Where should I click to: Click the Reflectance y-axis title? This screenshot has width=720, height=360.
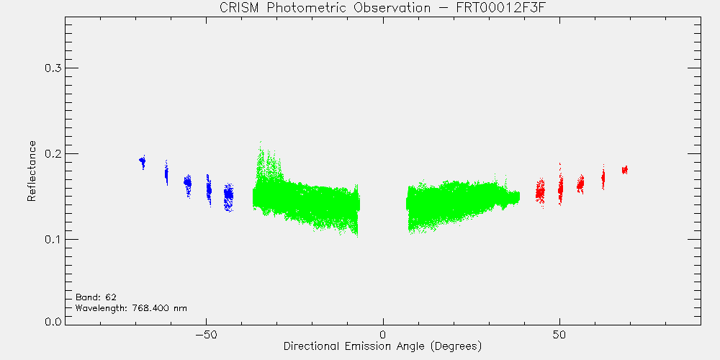click(31, 171)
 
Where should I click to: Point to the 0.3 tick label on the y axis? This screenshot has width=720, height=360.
click(53, 68)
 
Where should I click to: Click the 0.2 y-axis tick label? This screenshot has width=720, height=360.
click(53, 153)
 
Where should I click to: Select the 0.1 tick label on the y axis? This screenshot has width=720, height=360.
click(53, 239)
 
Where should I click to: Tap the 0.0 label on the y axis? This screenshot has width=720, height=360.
click(53, 321)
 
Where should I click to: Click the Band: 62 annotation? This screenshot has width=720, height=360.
click(92, 297)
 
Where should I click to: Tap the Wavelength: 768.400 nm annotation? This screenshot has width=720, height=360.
click(131, 308)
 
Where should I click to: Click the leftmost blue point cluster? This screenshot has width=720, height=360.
click(143, 161)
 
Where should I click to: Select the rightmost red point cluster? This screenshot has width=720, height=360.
click(624, 170)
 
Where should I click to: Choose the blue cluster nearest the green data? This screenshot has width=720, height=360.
click(228, 197)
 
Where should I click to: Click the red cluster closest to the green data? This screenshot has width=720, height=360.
click(540, 192)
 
